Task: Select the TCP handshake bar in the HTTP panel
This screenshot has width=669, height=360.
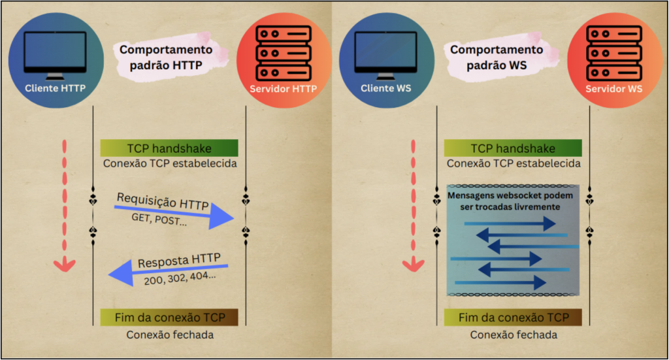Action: (169, 148)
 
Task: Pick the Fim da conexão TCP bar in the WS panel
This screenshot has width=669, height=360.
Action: (514, 318)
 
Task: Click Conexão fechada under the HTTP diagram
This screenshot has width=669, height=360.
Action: (169, 335)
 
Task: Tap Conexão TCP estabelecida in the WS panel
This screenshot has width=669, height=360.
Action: (513, 163)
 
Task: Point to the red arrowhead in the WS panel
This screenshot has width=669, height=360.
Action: (412, 264)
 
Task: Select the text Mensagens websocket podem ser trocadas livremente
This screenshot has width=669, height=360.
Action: (513, 201)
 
